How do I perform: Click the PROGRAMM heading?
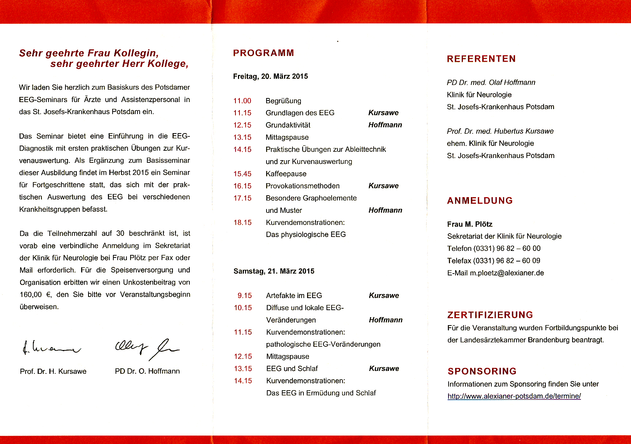coord(263,53)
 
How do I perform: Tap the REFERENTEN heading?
coord(481,59)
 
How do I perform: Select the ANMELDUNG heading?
coord(480,201)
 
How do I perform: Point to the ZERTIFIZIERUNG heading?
coord(490,315)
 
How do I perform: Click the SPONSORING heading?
coord(482,371)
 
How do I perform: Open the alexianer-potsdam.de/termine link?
coord(514,396)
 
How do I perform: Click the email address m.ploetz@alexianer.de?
coord(507,273)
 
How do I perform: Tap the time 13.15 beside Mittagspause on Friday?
coord(242,138)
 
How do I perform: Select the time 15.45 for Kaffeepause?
coord(242,174)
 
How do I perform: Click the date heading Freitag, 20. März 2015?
coord(271,76)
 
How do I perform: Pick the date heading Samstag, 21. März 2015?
coord(274,271)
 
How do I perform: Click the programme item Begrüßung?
coord(283,101)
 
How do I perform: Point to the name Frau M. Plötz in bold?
coord(469,224)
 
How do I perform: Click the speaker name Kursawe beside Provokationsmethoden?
coord(383,186)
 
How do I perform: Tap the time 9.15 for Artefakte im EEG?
coord(245,296)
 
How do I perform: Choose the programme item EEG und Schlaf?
coord(292,369)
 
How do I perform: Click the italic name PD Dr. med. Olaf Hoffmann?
coord(491,83)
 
